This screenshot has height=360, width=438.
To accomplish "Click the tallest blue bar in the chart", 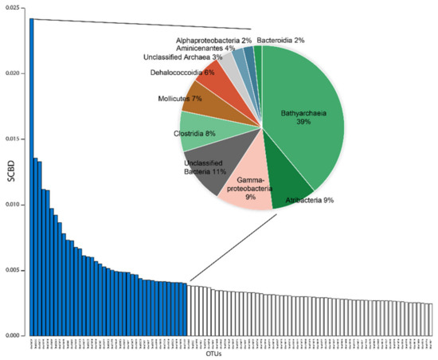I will pyautogui.click(x=31, y=175).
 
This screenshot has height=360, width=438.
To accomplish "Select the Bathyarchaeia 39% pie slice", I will pyautogui.click(x=307, y=119).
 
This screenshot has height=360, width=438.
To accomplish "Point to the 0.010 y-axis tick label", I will pyautogui.click(x=14, y=204).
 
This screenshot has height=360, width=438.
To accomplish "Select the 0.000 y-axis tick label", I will pyautogui.click(x=14, y=335).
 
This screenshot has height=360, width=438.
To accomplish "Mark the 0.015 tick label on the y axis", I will pyautogui.click(x=14, y=139).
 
